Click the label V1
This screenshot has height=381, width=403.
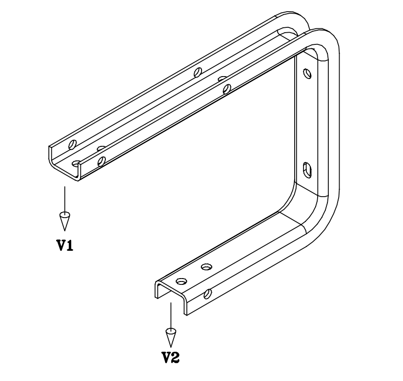click(65, 245)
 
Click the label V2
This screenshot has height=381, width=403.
click(170, 358)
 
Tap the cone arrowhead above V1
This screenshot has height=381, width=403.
click(65, 221)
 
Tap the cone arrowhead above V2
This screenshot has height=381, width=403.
click(170, 337)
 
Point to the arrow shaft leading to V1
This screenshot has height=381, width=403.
click(65, 200)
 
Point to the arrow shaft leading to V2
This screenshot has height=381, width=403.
click(171, 316)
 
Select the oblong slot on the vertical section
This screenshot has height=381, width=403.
click(307, 170)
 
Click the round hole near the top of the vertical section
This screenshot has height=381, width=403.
click(307, 74)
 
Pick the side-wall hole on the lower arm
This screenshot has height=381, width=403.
click(208, 294)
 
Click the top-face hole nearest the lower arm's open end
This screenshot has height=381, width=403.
click(181, 281)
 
